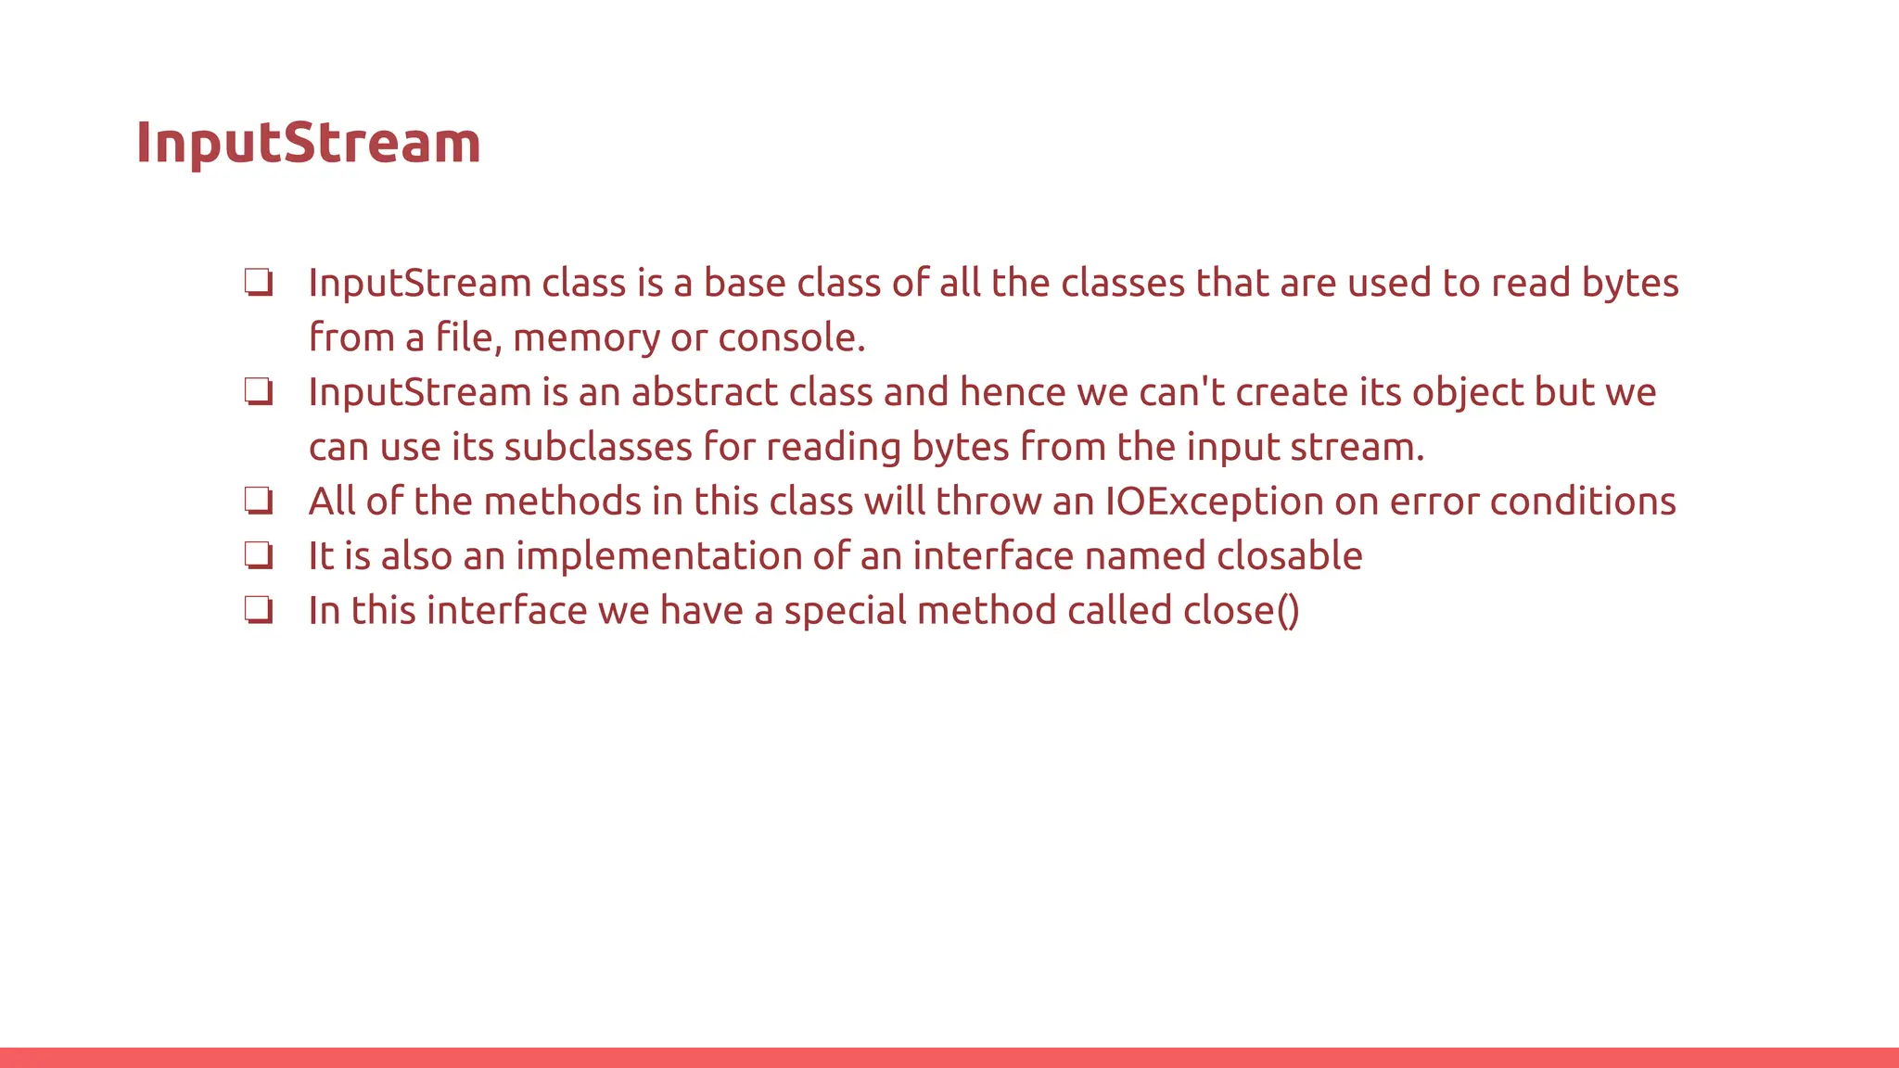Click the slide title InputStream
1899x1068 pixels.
tap(308, 143)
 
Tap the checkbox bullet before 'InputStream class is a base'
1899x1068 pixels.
tap(259, 282)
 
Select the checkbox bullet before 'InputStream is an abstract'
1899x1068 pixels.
tap(259, 391)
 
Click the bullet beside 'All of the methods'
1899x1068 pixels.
tap(259, 501)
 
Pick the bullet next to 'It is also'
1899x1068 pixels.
tap(259, 555)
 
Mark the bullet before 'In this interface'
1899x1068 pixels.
tap(259, 610)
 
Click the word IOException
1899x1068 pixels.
tap(1214, 502)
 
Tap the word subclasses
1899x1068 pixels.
tap(598, 447)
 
